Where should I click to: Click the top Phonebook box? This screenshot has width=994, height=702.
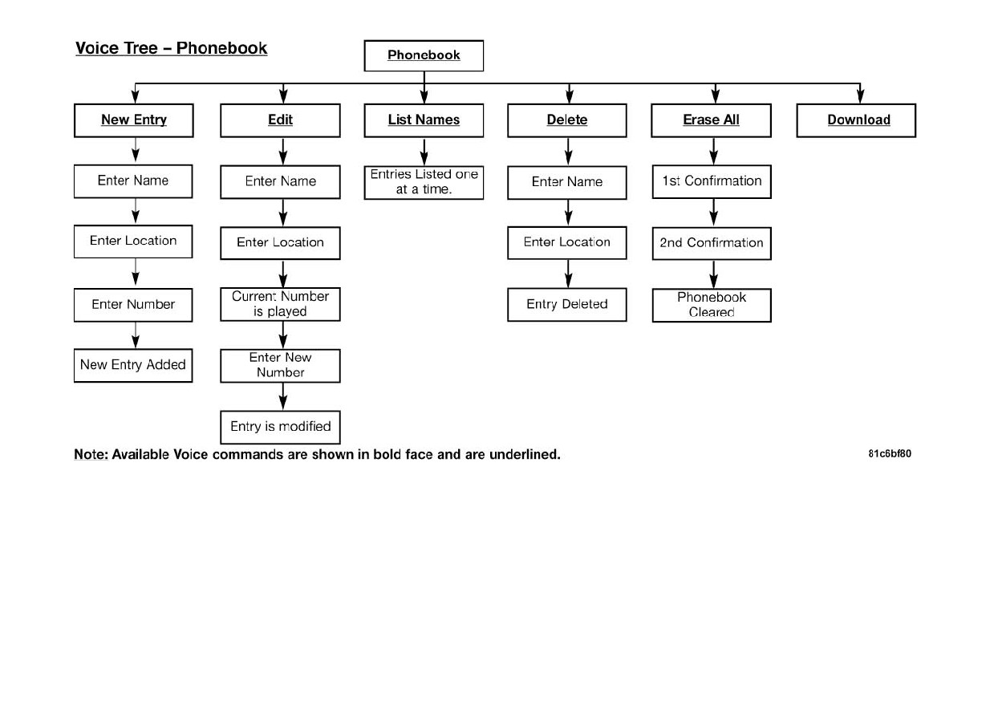click(x=424, y=55)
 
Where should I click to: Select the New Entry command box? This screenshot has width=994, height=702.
click(x=133, y=120)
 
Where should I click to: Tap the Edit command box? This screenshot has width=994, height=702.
click(x=281, y=120)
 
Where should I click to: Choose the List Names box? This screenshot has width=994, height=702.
click(x=424, y=120)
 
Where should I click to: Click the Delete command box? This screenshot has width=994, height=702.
click(x=567, y=120)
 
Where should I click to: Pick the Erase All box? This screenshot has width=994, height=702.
click(x=712, y=120)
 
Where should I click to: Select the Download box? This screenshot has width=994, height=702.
click(x=857, y=120)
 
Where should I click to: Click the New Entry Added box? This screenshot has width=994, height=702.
click(x=133, y=365)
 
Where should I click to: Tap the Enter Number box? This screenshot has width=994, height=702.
click(x=133, y=305)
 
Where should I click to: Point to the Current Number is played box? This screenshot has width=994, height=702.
click(x=281, y=304)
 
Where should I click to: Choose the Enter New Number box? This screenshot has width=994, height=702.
click(x=281, y=366)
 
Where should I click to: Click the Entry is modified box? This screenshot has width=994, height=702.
click(x=281, y=427)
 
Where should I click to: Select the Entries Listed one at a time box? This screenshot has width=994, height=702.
click(x=424, y=182)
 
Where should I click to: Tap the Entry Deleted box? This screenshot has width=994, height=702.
click(x=567, y=304)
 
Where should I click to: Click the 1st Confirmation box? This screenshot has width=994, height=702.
click(x=712, y=181)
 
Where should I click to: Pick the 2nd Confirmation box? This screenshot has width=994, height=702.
click(x=712, y=243)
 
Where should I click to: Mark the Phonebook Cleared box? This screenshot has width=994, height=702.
click(x=712, y=306)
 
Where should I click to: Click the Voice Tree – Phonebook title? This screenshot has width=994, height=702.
click(x=172, y=48)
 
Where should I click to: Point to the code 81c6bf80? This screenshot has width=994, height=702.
click(x=890, y=453)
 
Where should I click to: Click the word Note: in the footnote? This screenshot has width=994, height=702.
click(x=91, y=454)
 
